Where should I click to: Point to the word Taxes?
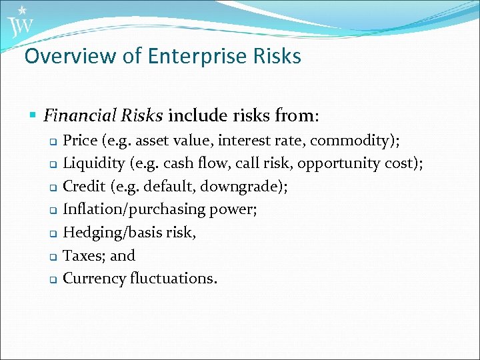pyautogui.click(x=82, y=255)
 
